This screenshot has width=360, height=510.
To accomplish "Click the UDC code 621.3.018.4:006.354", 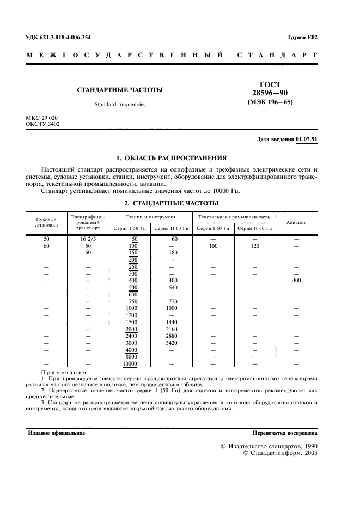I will click(x=67, y=37).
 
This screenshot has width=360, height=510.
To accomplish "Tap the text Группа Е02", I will click(x=302, y=37).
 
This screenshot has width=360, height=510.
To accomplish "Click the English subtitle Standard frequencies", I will click(x=120, y=104).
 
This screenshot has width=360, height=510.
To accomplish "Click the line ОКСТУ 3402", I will click(x=43, y=124).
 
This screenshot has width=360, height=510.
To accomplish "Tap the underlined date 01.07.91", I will click(x=307, y=139).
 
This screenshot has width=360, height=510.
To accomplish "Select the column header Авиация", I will click(x=297, y=222).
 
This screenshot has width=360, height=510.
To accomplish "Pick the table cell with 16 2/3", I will click(x=88, y=239).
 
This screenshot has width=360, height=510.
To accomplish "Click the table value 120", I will click(x=254, y=246).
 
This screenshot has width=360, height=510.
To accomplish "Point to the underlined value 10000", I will click(x=130, y=363).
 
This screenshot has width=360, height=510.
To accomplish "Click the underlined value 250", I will click(x=132, y=266).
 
